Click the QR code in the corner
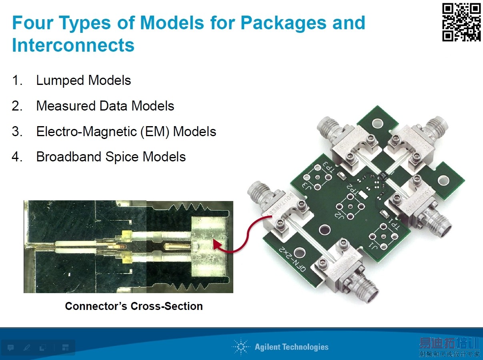tap(461, 22)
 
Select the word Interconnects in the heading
tap(73, 45)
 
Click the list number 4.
tap(16, 157)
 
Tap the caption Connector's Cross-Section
tap(134, 306)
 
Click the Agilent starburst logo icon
tap(240, 347)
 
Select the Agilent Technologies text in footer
tap(291, 347)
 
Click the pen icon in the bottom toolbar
tap(27, 347)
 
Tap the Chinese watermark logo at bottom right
tap(449, 347)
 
